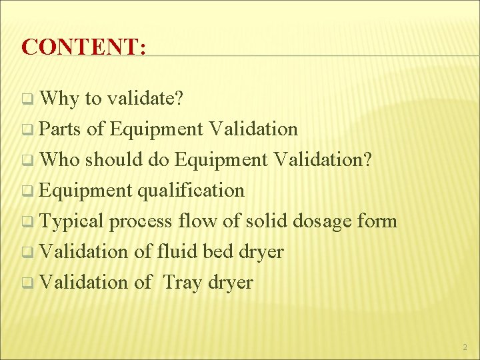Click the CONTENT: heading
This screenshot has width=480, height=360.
84,46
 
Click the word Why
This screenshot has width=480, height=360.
60,99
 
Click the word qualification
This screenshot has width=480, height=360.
191,190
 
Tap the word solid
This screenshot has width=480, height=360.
267,221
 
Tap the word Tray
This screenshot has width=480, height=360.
182,282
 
